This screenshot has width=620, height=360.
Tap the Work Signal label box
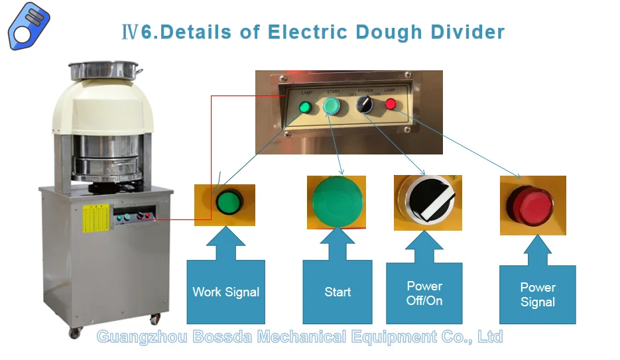225,292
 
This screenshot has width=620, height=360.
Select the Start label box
338,292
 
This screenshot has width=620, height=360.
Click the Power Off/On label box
424,293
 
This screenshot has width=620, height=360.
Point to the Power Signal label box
537,294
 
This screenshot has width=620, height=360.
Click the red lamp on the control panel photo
391,104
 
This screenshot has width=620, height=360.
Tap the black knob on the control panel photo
363,104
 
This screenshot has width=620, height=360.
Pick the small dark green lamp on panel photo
305,107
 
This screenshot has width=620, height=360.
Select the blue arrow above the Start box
338,244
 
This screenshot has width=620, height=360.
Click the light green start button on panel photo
332,106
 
